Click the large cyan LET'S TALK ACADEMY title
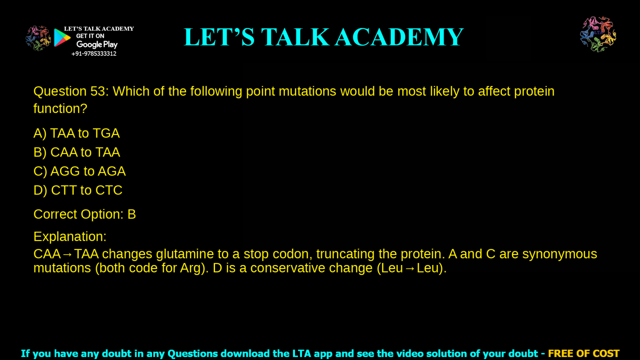coord(323,37)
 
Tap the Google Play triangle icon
coord(62,38)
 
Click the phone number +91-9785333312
coord(94,54)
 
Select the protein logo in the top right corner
coord(598,34)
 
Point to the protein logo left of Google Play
coord(38,38)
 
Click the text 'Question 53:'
coord(71,91)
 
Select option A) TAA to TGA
coord(77,133)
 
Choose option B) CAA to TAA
coord(77,152)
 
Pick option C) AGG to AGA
coord(80,171)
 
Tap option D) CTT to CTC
coord(78,190)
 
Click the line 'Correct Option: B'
coord(85,214)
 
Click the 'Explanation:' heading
coord(70,237)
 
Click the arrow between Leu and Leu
coord(410,268)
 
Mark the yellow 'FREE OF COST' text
coord(583,354)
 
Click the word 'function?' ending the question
coord(60,109)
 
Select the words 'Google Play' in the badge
coord(97,45)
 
